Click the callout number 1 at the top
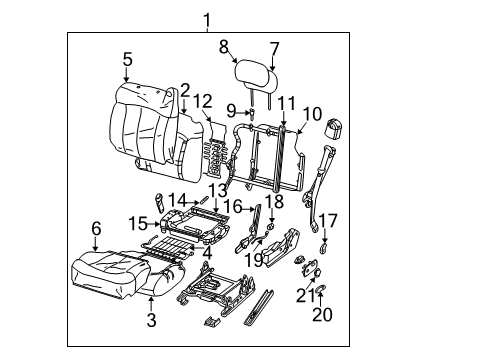(x=207, y=19)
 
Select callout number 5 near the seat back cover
(x=127, y=60)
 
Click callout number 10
(x=312, y=114)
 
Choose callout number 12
(x=203, y=100)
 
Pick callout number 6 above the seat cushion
(x=95, y=229)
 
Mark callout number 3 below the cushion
(x=151, y=320)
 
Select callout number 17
(x=327, y=220)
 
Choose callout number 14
(x=176, y=199)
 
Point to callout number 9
(x=231, y=111)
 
